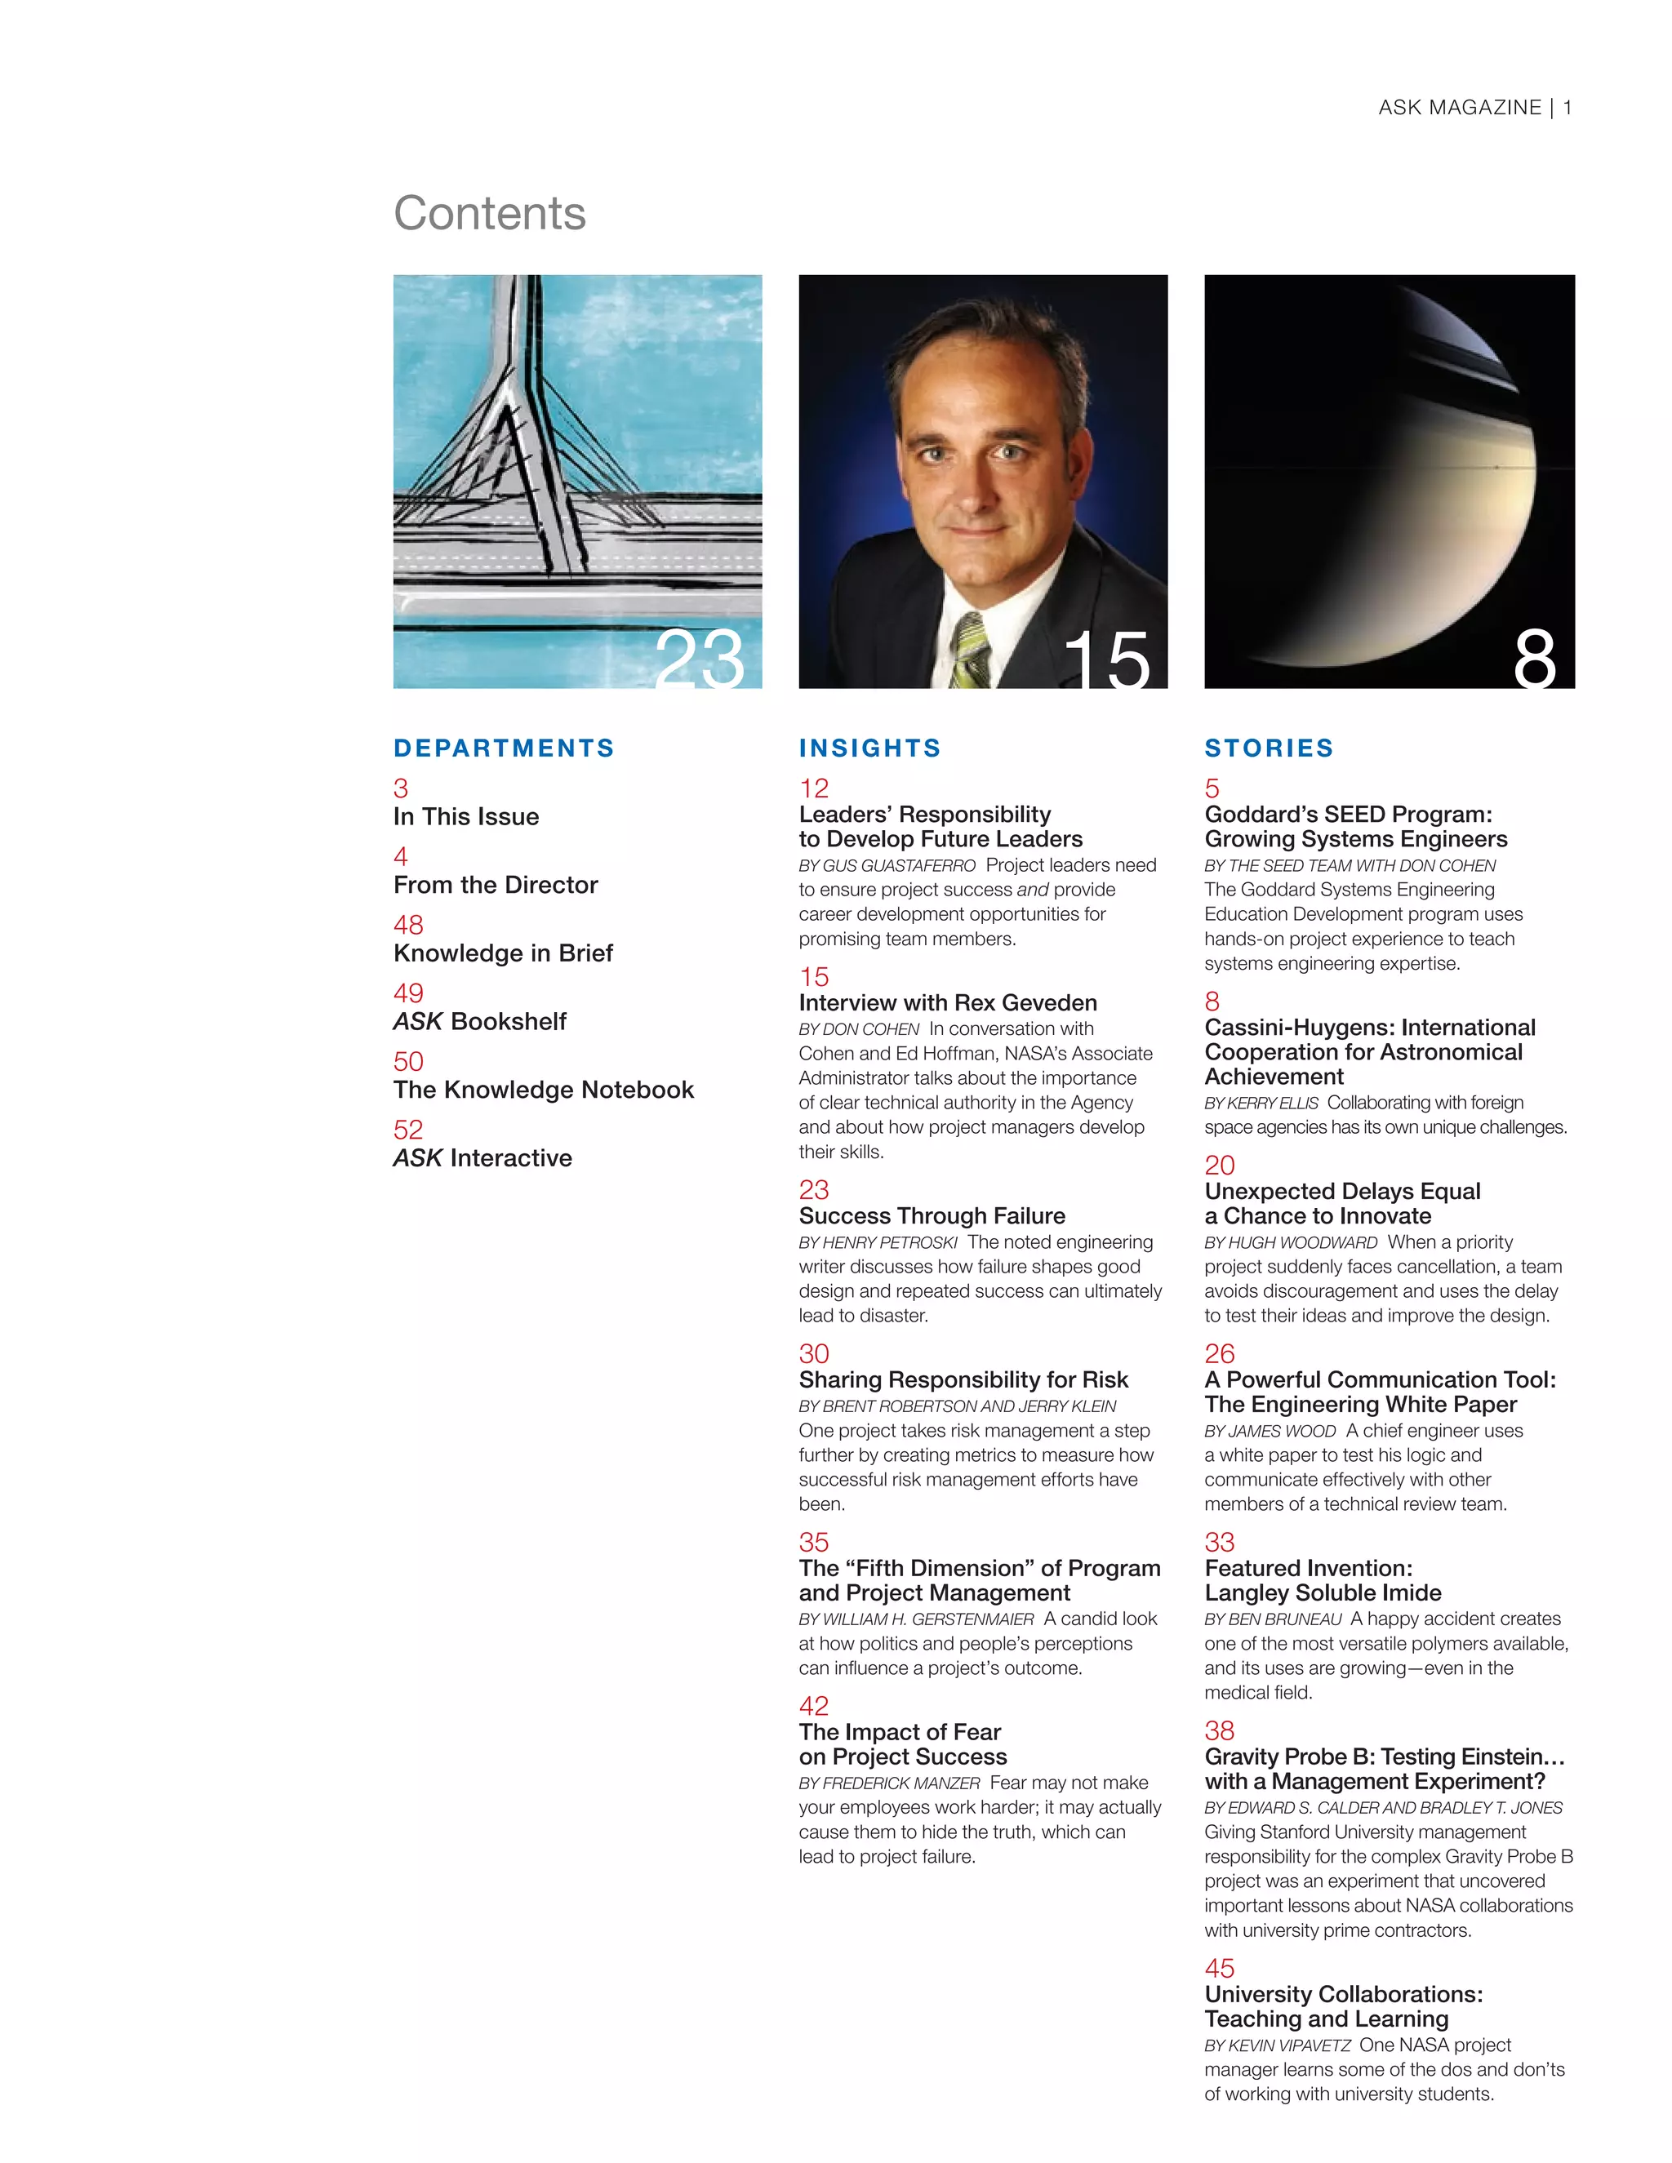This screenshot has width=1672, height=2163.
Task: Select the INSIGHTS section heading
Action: point(869,748)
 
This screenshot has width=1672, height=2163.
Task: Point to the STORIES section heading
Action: point(1269,748)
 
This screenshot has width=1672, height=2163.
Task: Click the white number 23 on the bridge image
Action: point(700,658)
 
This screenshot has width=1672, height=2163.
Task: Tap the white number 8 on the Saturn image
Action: point(1534,659)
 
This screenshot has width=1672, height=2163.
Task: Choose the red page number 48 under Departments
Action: point(408,925)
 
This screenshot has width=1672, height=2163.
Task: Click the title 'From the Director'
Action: point(496,885)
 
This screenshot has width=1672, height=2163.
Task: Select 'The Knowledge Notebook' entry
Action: point(543,1090)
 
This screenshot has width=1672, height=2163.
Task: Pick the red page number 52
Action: point(408,1130)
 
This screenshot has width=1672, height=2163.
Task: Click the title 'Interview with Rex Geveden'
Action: point(948,1002)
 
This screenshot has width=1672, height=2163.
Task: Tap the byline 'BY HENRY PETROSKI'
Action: point(878,1243)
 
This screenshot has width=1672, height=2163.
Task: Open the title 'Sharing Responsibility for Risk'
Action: point(963,1379)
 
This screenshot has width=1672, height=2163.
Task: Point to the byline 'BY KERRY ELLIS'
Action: point(1261,1104)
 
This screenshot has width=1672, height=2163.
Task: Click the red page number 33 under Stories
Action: point(1220,1542)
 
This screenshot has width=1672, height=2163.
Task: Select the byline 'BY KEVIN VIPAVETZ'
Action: point(1277,2046)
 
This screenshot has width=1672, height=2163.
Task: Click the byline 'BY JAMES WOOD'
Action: point(1270,1431)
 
